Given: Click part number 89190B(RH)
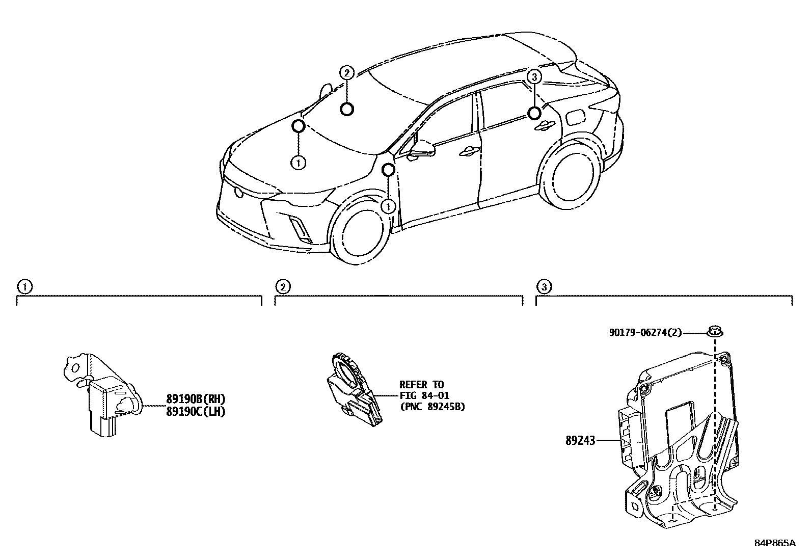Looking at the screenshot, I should tap(195, 399).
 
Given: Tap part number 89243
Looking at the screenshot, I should tap(580, 440).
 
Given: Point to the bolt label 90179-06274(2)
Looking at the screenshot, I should tap(645, 333).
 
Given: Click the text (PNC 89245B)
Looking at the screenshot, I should tap(432, 407).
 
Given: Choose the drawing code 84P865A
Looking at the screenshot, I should tap(774, 543).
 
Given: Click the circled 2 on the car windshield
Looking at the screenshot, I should tap(346, 73).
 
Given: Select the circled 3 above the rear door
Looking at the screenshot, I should tap(533, 77).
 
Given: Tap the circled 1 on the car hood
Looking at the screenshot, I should tap(298, 163).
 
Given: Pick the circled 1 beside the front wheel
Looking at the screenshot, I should tap(389, 206).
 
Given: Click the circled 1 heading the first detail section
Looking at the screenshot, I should tap(23, 287).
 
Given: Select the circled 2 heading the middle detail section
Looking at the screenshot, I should tap(283, 287).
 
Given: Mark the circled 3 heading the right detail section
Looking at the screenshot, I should tap(544, 287).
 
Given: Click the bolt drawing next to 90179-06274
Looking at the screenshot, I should tap(715, 332).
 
